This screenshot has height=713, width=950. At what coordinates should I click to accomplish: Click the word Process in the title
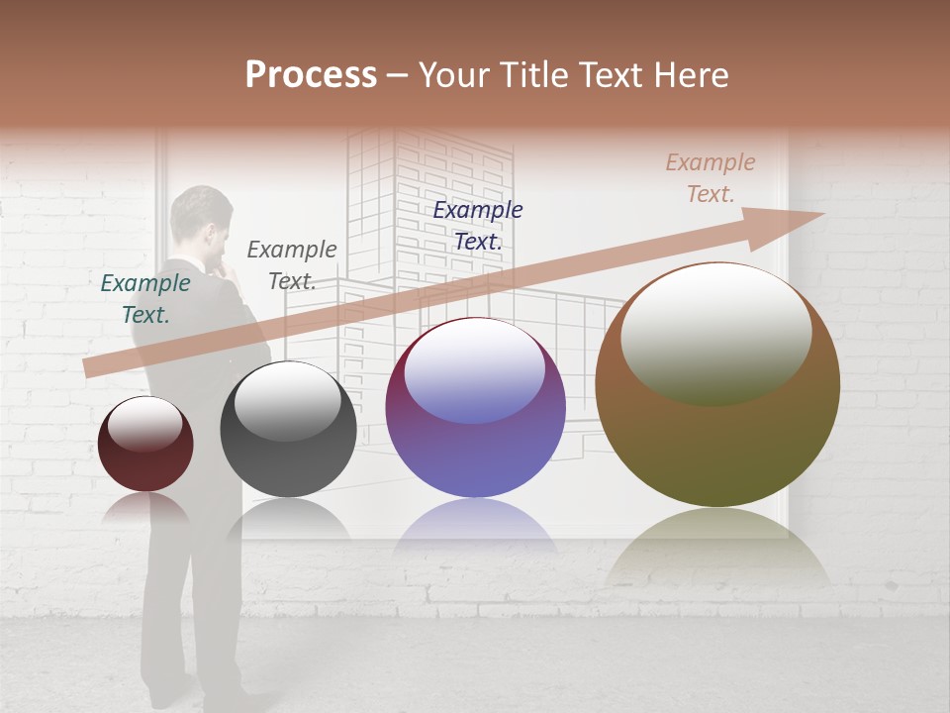311,75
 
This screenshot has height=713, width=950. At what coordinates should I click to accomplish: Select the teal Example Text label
145,298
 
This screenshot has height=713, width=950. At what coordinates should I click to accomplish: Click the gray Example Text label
291,264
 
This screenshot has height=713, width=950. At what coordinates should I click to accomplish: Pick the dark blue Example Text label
478,225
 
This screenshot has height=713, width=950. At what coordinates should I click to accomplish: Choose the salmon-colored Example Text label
711,178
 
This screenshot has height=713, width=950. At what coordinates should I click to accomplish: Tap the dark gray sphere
288,431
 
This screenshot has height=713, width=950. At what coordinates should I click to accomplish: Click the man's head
202,223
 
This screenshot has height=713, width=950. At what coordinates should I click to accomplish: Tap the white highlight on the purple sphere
475,368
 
